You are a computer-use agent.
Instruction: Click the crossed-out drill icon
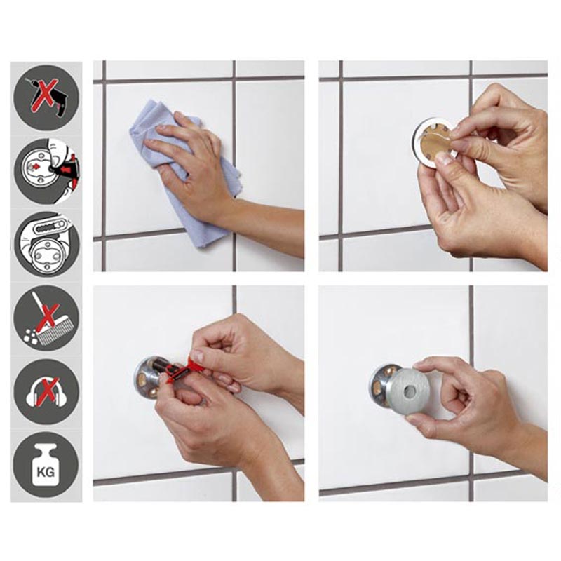tap(46, 97)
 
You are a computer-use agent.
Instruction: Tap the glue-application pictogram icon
tap(46, 171)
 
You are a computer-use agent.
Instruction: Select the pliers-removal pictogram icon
tap(46, 243)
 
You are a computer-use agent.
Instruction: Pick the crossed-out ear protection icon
tap(46, 392)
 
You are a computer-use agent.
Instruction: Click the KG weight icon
tap(46, 465)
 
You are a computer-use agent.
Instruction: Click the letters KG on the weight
tap(46, 472)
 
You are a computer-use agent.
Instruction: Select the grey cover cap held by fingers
tap(409, 392)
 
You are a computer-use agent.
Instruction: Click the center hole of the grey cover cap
tap(409, 392)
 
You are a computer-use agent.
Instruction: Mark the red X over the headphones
tap(46, 392)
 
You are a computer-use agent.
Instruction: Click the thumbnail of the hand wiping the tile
tap(198, 165)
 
